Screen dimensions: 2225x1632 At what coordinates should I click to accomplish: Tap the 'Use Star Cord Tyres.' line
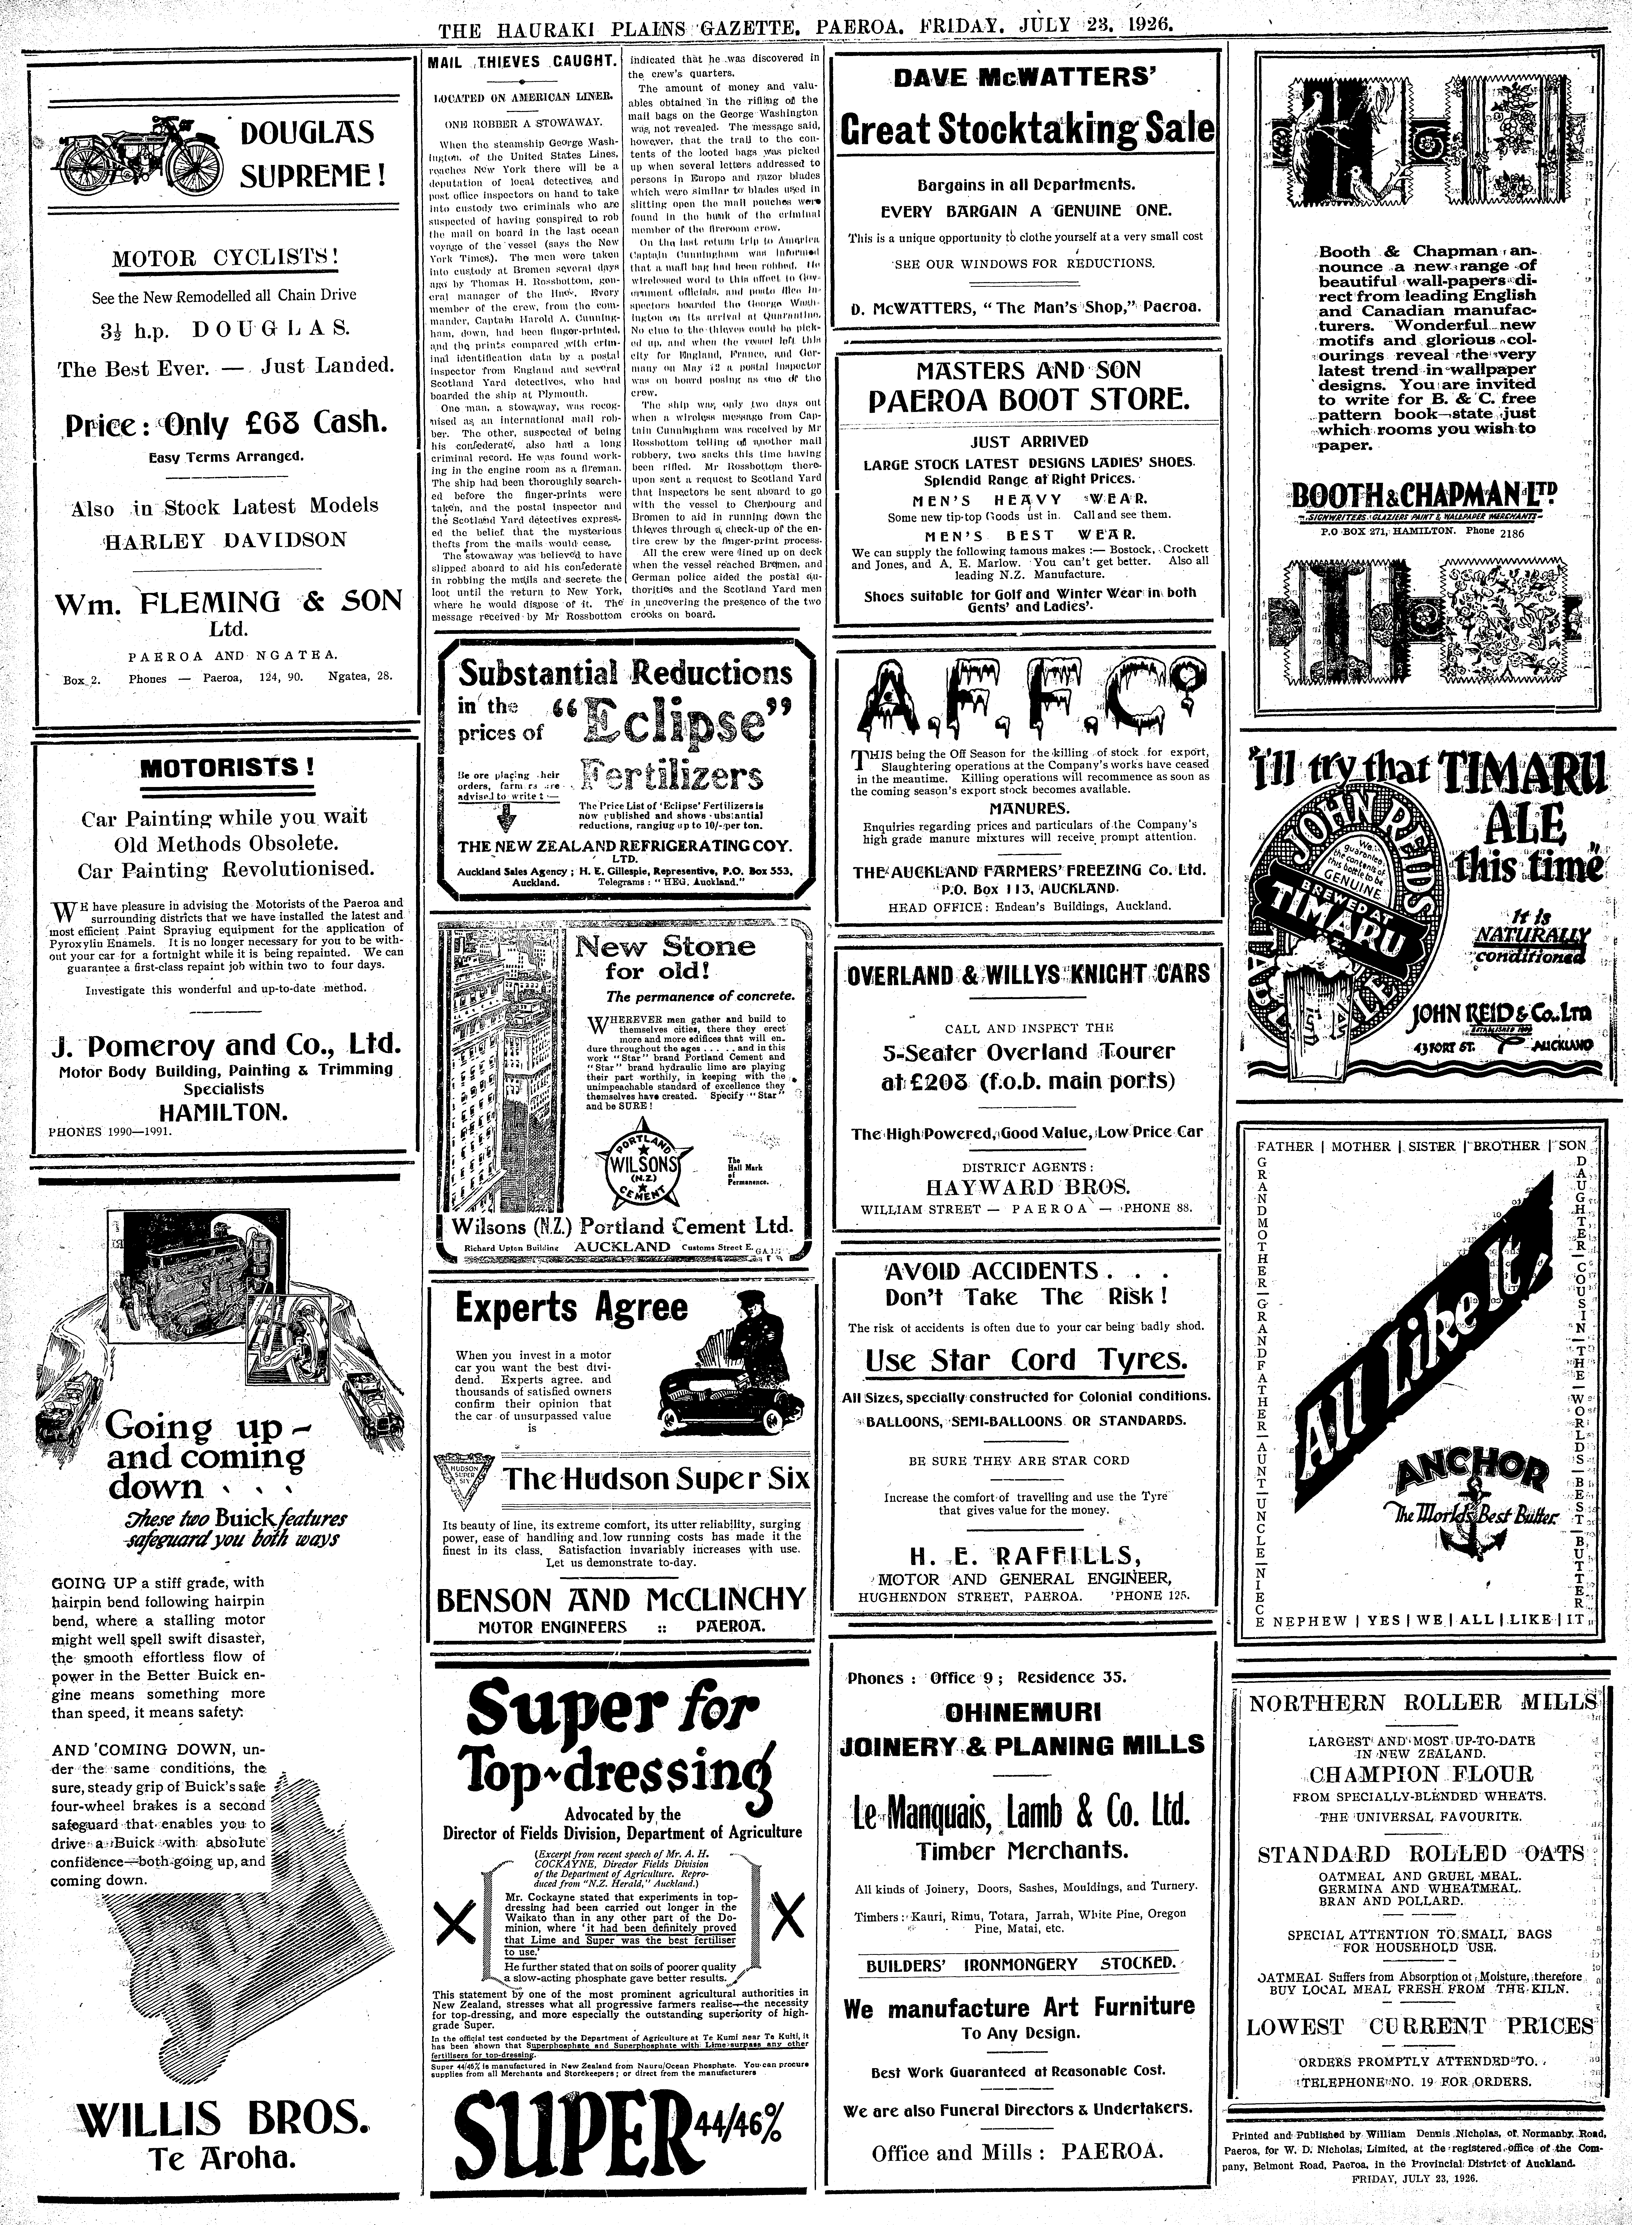click(x=1025, y=1361)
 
